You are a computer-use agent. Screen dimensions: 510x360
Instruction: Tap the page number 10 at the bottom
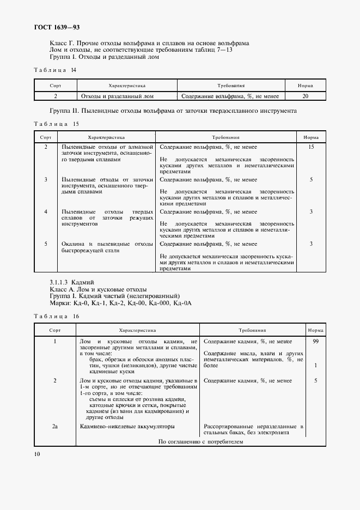click(37, 454)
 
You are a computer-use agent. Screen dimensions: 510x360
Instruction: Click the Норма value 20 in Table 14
click(305, 96)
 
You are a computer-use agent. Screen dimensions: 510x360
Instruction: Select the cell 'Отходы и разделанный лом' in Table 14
click(117, 96)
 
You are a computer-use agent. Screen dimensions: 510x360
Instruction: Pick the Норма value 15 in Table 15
click(311, 147)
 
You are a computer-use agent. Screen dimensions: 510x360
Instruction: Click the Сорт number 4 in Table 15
click(46, 211)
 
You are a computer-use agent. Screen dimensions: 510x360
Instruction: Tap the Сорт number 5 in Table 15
click(46, 244)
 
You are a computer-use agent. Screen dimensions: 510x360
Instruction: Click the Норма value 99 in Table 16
click(315, 341)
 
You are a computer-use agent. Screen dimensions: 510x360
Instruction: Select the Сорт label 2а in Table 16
click(55, 427)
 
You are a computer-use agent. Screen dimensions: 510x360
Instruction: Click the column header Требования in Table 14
click(230, 86)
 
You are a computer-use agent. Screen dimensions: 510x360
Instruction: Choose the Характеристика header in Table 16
click(137, 330)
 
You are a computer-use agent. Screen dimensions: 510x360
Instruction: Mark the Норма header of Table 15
click(311, 138)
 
